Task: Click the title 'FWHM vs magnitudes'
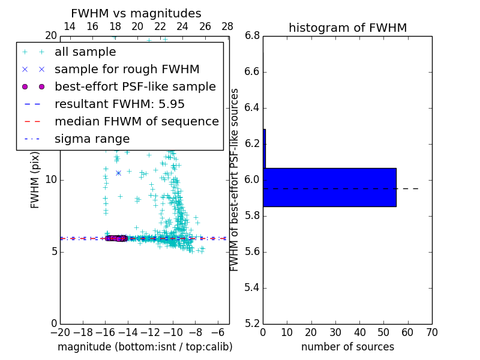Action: pyautogui.click(x=136, y=13)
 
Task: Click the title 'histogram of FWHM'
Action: pyautogui.click(x=347, y=28)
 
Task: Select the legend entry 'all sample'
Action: pyautogui.click(x=85, y=52)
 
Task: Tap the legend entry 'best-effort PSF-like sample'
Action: pyautogui.click(x=135, y=87)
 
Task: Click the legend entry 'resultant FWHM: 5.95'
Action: pyautogui.click(x=119, y=104)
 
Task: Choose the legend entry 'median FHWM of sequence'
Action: pyautogui.click(x=136, y=122)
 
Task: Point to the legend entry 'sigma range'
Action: pyautogui.click(x=92, y=139)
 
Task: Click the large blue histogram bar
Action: pyautogui.click(x=329, y=187)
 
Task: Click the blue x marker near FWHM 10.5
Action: pyautogui.click(x=118, y=173)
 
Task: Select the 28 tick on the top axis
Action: pyautogui.click(x=227, y=26)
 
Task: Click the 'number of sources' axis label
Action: pyautogui.click(x=347, y=347)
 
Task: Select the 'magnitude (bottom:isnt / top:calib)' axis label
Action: pyautogui.click(x=145, y=347)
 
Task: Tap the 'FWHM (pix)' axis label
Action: pyautogui.click(x=35, y=179)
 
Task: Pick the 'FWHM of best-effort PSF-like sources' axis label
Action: pyautogui.click(x=235, y=179)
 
